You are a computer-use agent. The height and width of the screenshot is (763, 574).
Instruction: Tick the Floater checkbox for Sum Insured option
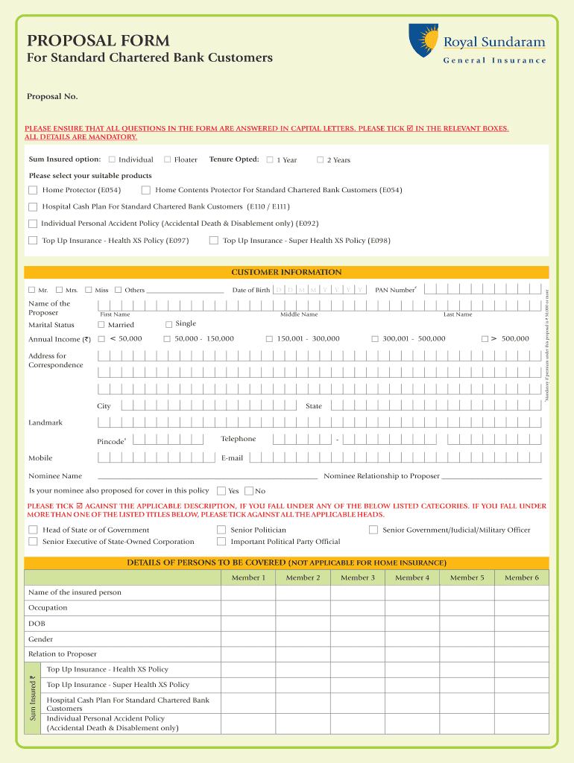(168, 159)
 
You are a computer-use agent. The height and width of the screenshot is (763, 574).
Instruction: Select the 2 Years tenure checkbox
(321, 159)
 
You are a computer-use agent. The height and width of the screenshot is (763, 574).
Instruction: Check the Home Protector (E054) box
(33, 190)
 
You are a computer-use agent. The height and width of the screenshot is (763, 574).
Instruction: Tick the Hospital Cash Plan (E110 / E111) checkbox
(33, 206)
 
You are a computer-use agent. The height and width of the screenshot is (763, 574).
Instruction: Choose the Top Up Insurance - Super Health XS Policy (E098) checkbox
(214, 241)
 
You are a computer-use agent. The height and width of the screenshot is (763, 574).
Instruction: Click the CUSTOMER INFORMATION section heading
(286, 273)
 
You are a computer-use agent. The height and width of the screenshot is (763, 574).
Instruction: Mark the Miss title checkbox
(89, 290)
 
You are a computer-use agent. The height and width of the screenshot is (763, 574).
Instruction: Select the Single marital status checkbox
(168, 324)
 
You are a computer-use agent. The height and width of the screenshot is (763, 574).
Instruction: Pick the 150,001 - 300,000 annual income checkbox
(269, 339)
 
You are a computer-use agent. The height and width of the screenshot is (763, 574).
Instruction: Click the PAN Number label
(395, 290)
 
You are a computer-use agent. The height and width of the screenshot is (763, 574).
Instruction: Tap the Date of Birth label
(250, 290)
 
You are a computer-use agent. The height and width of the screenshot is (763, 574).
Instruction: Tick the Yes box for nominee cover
(221, 491)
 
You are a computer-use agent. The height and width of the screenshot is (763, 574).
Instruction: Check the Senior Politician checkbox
(221, 530)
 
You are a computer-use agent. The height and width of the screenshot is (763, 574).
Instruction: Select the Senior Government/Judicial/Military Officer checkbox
(373, 530)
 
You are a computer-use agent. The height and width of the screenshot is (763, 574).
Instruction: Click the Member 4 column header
(412, 577)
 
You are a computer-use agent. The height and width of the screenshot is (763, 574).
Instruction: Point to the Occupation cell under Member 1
(247, 608)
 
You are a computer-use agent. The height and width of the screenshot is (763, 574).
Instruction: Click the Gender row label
(40, 639)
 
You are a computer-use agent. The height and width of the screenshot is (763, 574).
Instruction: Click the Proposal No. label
(52, 97)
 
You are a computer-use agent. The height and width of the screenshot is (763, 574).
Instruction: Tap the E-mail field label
(232, 458)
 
